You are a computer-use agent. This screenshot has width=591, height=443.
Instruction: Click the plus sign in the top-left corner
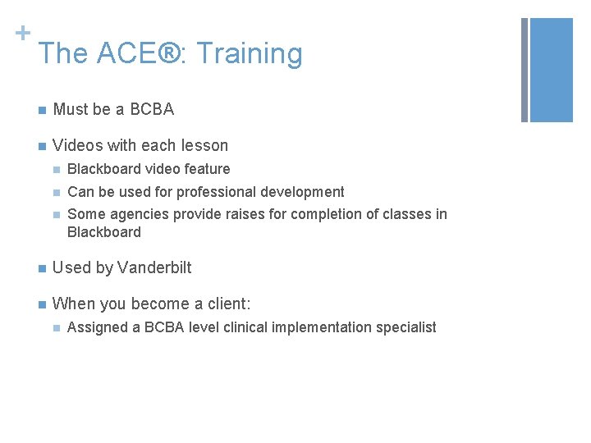coord(22,33)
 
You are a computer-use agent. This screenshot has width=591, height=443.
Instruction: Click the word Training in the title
coord(250,54)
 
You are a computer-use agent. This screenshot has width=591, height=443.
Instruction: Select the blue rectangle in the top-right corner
coord(552,70)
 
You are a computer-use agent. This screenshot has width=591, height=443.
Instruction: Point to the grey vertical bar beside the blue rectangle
coord(525,70)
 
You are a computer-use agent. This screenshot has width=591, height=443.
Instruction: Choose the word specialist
coord(406,327)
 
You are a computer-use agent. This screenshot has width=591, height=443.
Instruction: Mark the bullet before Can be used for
coord(54,193)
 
